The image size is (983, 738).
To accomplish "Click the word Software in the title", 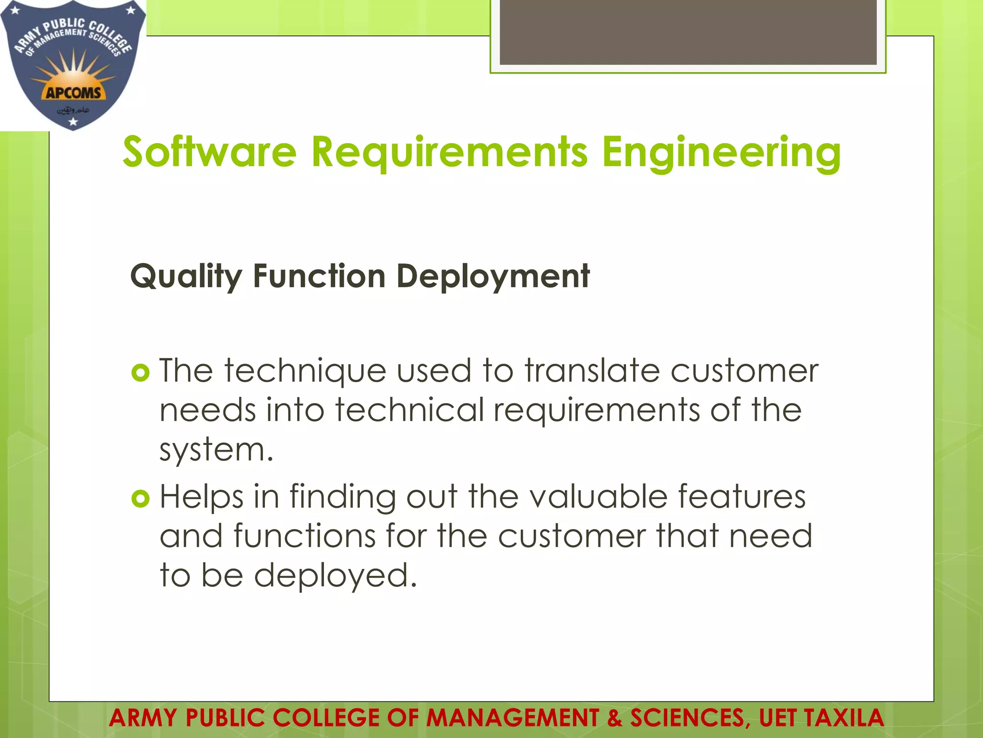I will (x=210, y=152).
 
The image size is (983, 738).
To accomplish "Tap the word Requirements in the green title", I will (x=449, y=153).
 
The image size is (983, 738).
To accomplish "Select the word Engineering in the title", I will (x=721, y=153).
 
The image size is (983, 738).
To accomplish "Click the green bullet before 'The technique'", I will (x=140, y=372).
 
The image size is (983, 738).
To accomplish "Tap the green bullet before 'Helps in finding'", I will (x=140, y=499).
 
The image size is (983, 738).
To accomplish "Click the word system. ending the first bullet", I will (x=216, y=450).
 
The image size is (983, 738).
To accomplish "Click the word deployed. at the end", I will (x=335, y=575).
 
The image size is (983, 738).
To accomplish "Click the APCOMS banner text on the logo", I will (x=73, y=93).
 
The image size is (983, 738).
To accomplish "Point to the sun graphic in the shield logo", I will (x=73, y=72).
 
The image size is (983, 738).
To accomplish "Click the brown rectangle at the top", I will (x=688, y=32).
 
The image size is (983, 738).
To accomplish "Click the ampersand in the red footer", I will (x=614, y=718).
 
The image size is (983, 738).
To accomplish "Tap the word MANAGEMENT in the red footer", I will (x=512, y=718).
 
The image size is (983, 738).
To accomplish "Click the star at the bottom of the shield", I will (x=73, y=122).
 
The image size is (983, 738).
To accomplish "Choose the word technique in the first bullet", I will (x=305, y=371).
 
